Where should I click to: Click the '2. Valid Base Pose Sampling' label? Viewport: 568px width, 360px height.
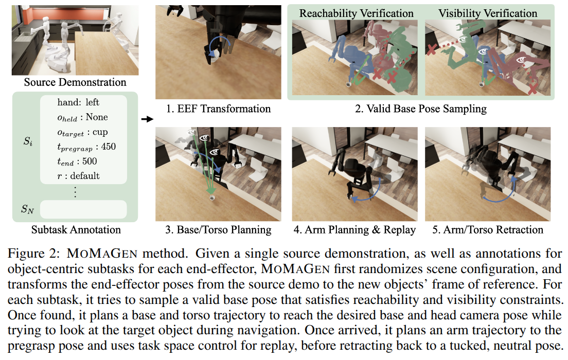421,109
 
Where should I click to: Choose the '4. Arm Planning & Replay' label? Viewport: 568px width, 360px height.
354,229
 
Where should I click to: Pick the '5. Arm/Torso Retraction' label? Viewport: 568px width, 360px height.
487,229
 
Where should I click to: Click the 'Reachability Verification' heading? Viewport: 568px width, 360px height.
356,13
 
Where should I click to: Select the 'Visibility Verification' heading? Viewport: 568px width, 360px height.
487,13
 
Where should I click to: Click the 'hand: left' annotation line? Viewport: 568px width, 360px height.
78,102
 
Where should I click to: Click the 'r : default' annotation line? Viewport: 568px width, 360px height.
79,176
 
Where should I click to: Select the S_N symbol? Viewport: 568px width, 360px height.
27,209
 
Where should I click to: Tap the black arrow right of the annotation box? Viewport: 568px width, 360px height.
147,119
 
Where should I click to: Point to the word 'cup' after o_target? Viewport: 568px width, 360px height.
100,132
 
